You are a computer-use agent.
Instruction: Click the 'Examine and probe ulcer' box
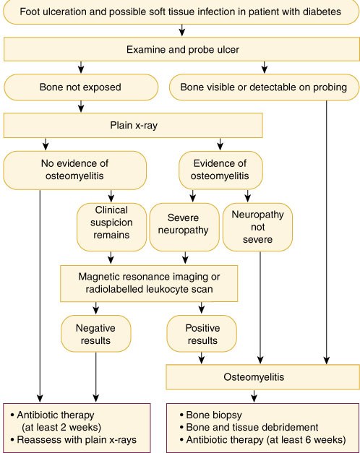pos(181,49)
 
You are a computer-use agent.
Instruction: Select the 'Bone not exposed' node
pos(81,87)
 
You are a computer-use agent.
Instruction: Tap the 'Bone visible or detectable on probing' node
pos(264,87)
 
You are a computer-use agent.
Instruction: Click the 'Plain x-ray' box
pos(133,126)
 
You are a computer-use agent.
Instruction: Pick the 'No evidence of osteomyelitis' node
pos(75,171)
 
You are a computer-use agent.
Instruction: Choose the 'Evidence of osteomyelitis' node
pos(220,171)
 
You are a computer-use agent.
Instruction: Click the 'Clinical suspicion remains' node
pos(111,227)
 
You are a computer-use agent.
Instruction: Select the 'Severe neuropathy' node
pos(184,227)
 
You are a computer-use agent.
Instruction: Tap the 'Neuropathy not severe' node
pos(257,227)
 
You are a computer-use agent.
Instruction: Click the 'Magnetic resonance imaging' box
pos(149,283)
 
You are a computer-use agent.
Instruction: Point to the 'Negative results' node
pos(95,334)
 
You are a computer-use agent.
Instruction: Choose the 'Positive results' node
pos(202,334)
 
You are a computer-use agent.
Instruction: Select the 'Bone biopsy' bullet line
pos(211,415)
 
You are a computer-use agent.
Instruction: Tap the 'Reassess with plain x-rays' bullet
pos(74,440)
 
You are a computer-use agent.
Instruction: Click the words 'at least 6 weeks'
pos(306,440)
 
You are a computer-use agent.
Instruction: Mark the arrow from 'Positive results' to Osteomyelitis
pos(202,358)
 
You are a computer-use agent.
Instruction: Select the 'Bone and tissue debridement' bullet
pos(249,427)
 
